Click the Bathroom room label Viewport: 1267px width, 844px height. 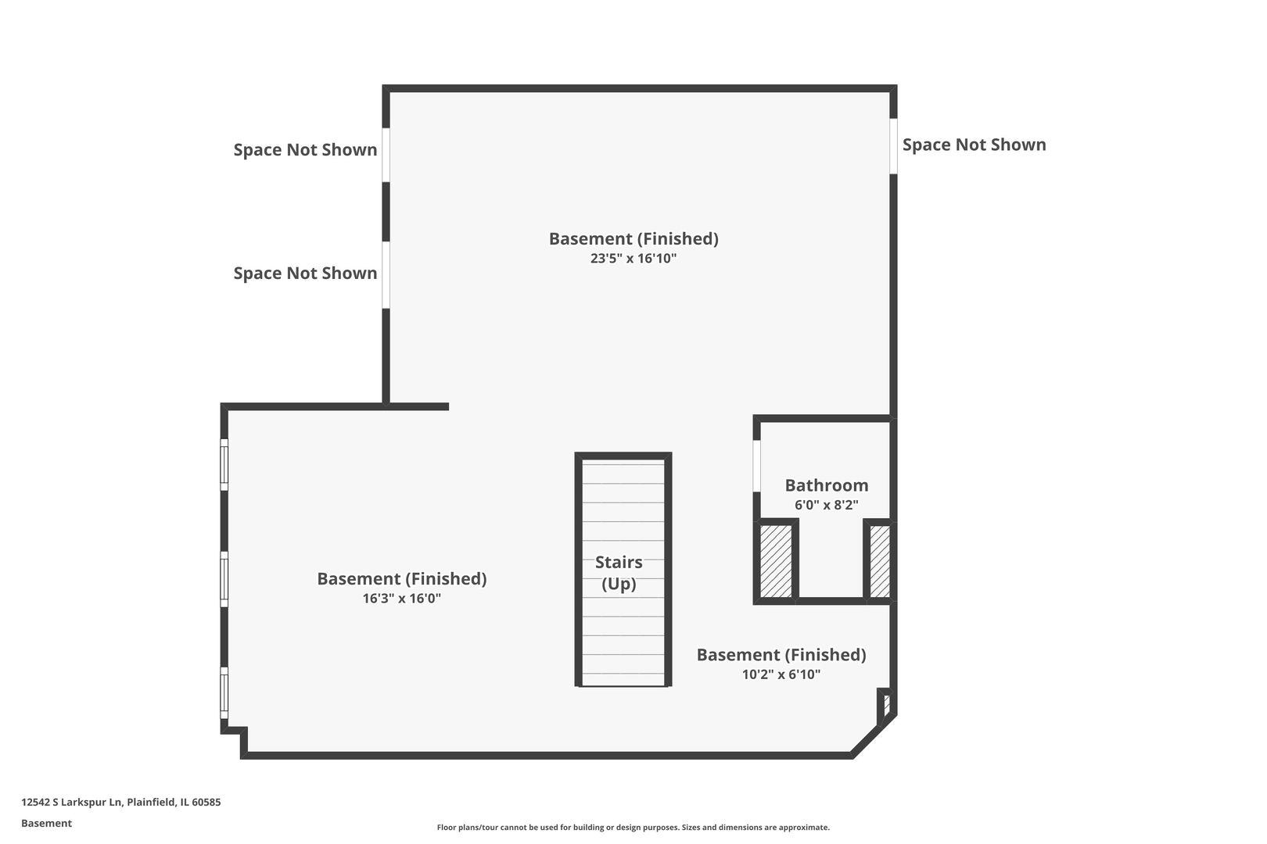coord(827,485)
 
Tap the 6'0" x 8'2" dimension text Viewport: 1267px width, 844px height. coord(827,505)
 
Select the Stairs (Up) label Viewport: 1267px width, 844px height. coord(619,573)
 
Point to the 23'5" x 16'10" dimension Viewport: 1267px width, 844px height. coord(633,259)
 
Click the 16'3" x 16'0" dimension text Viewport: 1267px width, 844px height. coord(401,598)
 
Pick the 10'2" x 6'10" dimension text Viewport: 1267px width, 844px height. coord(781,674)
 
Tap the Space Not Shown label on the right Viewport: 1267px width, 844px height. coord(974,145)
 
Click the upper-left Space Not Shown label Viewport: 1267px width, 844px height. coord(306,150)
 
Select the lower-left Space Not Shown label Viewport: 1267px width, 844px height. coord(306,273)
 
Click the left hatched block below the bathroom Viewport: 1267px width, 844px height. coord(776,561)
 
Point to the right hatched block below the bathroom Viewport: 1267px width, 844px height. coord(880,561)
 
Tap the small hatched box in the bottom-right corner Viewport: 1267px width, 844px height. coord(886,705)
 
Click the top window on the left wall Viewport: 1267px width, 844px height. coord(224,465)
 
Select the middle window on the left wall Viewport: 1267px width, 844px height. coord(224,579)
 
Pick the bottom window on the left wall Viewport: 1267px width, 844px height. coord(224,692)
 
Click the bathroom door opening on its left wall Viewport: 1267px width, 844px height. coord(756,466)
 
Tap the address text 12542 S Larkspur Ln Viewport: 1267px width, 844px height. coord(71,802)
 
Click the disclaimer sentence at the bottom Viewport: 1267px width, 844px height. coord(633,828)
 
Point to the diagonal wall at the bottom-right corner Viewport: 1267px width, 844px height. coord(874,736)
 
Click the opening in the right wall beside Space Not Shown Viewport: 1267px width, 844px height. coord(894,146)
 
